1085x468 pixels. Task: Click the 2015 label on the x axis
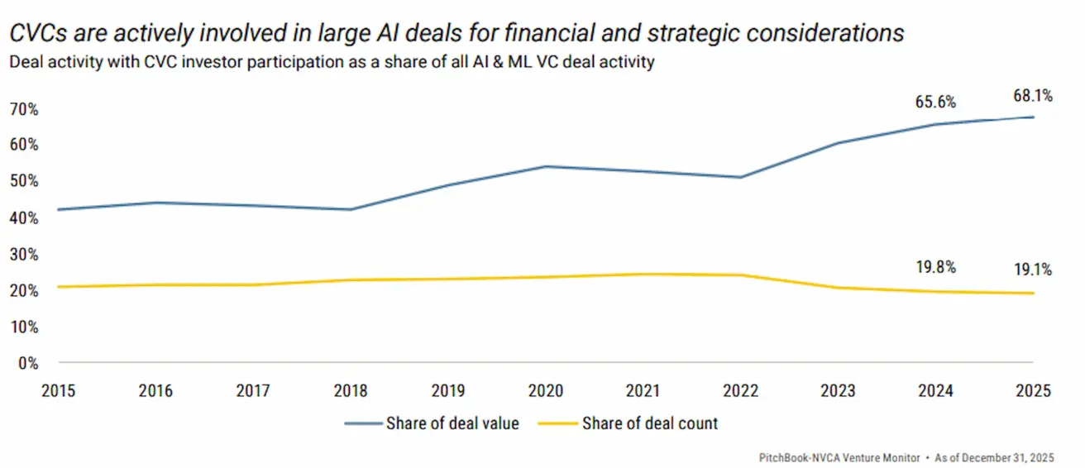[59, 390]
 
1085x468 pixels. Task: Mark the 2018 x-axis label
[351, 390]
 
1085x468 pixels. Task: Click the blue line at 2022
[742, 177]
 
